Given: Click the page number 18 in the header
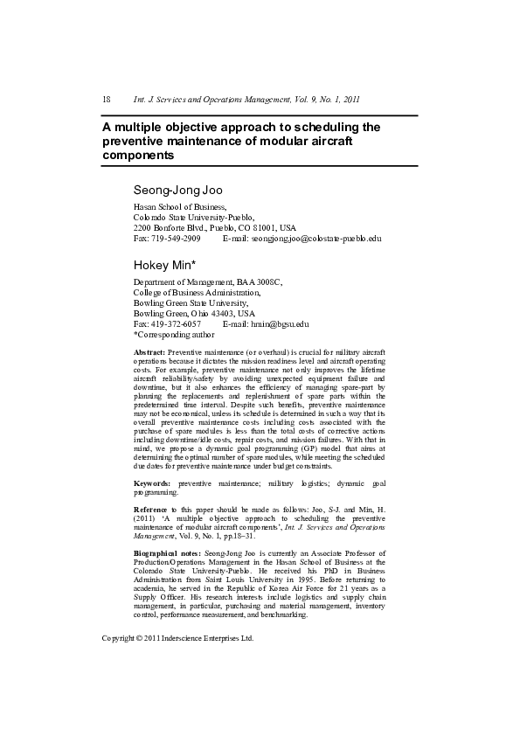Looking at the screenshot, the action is click(106, 100).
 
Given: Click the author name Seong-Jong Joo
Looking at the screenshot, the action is click(178, 190).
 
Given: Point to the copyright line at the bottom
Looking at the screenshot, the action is click(177, 638).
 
